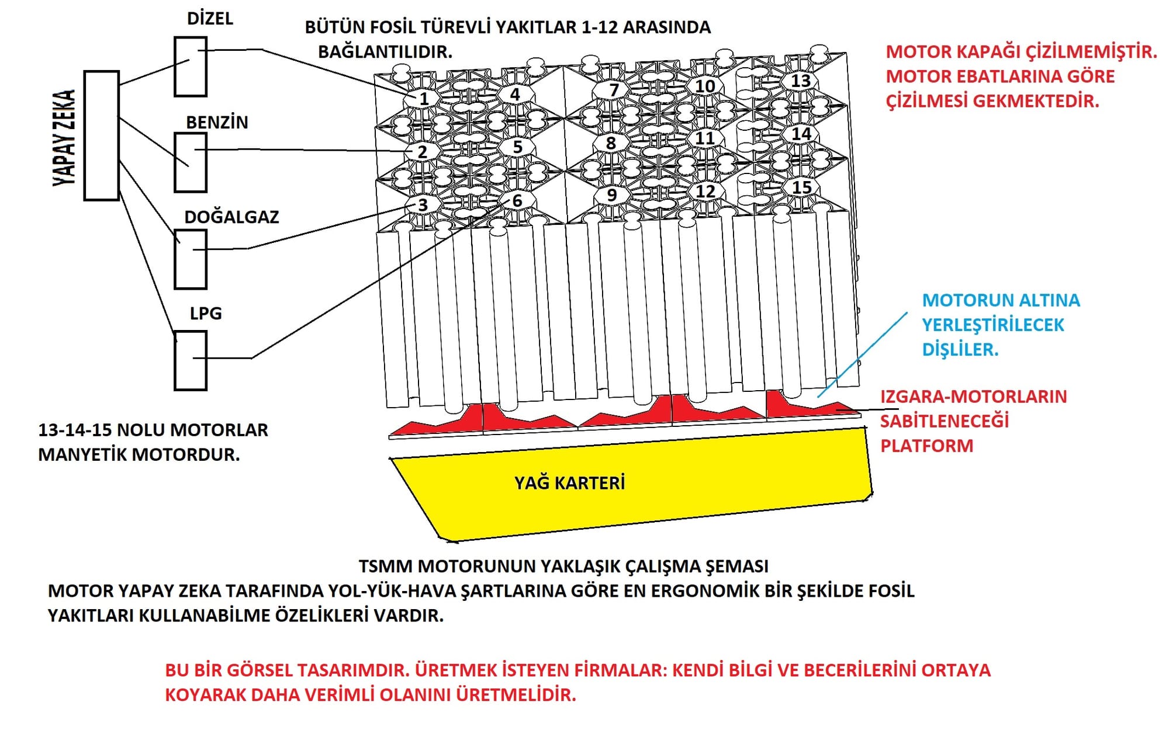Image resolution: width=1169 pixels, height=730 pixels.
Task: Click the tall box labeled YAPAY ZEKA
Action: (x=102, y=135)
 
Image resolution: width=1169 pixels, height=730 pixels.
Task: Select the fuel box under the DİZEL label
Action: (x=191, y=67)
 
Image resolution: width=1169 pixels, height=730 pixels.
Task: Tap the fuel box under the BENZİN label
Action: (x=191, y=162)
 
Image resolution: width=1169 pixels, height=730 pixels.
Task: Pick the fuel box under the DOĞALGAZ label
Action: (x=191, y=259)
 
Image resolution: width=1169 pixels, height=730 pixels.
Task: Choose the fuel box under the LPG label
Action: (x=191, y=360)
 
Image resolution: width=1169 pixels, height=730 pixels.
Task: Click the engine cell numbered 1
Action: (x=424, y=99)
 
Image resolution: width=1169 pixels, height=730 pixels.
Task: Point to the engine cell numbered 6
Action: (x=517, y=201)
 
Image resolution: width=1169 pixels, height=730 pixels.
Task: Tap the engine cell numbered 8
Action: (x=611, y=143)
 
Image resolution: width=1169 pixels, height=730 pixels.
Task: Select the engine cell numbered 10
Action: (x=705, y=86)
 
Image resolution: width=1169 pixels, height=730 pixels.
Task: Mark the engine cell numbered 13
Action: (x=800, y=81)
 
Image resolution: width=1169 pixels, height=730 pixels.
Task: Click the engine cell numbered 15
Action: (x=801, y=187)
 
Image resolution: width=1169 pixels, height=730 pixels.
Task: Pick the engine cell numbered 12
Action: (x=705, y=191)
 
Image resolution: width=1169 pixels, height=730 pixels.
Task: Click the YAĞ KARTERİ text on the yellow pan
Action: (x=569, y=483)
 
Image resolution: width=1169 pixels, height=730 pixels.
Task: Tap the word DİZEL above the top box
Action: (x=210, y=19)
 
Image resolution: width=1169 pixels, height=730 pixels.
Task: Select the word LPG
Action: (x=206, y=314)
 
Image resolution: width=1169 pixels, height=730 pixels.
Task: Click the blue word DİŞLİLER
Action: (x=960, y=350)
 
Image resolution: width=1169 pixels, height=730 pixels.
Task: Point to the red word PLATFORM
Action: (x=926, y=446)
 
